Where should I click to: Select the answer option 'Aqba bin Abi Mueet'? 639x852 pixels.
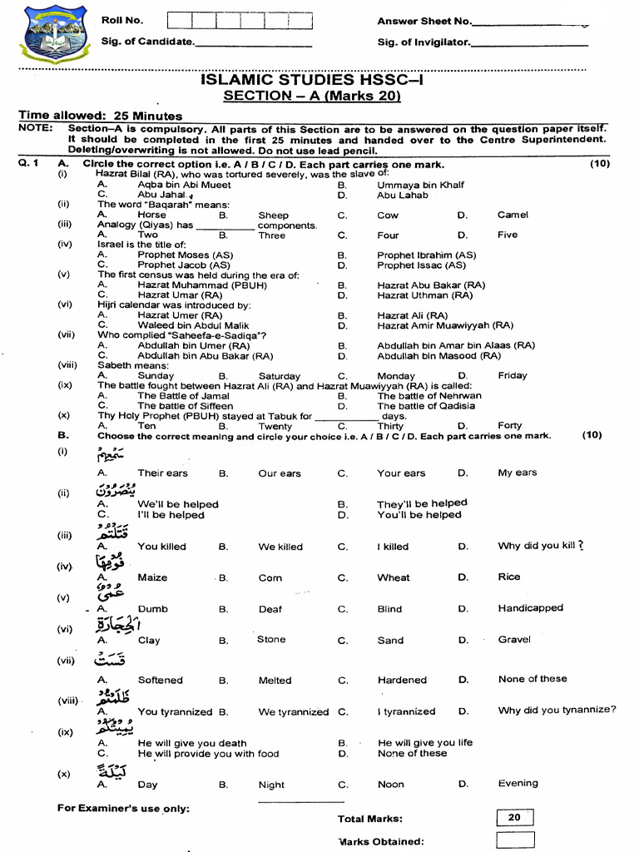click(x=184, y=186)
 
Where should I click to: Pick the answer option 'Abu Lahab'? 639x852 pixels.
click(x=403, y=196)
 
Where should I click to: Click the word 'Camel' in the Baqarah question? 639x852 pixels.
click(x=513, y=215)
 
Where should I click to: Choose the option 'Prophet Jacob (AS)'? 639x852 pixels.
click(x=184, y=265)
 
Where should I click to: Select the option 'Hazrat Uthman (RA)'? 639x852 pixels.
click(x=424, y=295)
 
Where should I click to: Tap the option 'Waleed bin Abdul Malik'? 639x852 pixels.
click(x=193, y=325)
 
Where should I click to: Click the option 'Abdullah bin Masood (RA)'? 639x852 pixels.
click(x=438, y=355)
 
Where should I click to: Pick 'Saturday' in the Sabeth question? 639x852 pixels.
click(x=279, y=376)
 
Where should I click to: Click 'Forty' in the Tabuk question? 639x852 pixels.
click(x=509, y=426)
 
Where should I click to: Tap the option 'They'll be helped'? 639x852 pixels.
click(x=422, y=503)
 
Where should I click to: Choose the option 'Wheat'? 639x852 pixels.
click(x=393, y=577)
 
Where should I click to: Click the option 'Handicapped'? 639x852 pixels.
click(x=530, y=608)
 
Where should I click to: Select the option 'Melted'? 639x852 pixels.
click(x=275, y=680)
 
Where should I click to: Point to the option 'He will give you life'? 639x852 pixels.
click(x=424, y=742)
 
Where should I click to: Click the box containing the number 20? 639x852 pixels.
click(x=514, y=817)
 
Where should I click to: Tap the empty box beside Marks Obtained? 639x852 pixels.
click(x=514, y=840)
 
